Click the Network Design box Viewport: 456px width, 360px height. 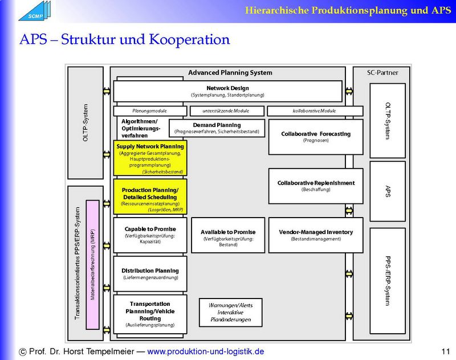pos(227,91)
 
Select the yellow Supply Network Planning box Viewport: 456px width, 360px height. pos(150,158)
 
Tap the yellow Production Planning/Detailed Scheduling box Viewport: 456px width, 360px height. pos(150,197)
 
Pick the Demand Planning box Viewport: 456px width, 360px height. pos(217,128)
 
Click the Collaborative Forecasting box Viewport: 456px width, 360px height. pos(315,137)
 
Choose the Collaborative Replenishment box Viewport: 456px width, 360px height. pos(315,186)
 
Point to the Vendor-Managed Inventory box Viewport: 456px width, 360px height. pos(315,235)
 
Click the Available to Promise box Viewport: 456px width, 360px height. pos(227,235)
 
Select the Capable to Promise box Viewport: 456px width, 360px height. pos(150,235)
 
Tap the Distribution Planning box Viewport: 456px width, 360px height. pos(150,273)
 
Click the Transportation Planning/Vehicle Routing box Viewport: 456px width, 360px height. pos(150,314)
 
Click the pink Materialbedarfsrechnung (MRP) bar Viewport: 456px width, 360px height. pos(92,264)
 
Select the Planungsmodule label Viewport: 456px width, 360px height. pos(149,111)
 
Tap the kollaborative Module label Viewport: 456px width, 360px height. pos(315,111)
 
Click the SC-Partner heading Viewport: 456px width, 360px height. pos(382,73)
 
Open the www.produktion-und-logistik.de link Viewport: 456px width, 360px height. pos(206,351)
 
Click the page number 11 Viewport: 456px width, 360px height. pos(445,351)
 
